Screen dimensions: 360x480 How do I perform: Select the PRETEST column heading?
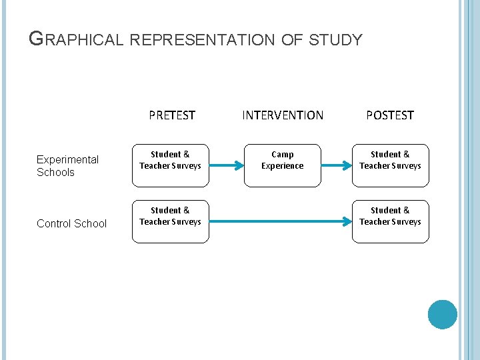(172, 115)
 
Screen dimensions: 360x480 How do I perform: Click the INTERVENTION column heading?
(283, 115)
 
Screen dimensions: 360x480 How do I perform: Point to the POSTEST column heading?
(390, 115)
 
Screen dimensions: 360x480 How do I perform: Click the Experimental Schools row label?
(67, 166)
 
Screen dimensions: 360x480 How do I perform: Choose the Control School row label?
(71, 223)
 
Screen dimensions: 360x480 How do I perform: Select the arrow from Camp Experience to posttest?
(337, 161)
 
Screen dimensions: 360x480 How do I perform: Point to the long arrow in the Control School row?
(280, 217)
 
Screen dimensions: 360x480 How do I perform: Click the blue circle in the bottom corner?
(442, 315)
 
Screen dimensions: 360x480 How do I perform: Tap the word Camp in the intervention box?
(282, 155)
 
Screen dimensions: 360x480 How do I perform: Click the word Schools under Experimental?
(55, 173)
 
